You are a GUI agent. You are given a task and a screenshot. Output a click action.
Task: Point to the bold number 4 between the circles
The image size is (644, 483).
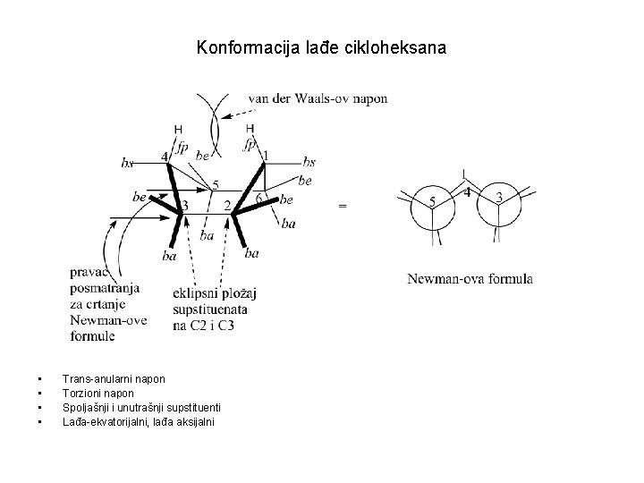pos(466,191)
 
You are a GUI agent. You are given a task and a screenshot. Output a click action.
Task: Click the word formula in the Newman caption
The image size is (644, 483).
pos(512,279)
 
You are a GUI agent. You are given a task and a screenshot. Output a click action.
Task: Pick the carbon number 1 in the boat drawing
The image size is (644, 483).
pos(266,156)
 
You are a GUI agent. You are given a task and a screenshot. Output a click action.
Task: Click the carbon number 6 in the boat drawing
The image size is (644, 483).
pos(259,198)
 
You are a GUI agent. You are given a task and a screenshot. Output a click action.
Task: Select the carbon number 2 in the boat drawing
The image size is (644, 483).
pos(227,207)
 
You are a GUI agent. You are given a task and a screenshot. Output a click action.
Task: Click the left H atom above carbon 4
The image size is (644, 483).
pos(177,129)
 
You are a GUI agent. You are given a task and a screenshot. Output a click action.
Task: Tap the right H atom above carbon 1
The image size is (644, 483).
pos(250,129)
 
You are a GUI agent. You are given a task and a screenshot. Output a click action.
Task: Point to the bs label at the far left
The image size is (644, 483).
pos(127,163)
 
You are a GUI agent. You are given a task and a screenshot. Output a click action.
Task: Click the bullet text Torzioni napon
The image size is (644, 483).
pos(97,393)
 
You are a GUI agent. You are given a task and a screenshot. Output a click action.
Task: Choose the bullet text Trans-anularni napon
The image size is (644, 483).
pos(114,379)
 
